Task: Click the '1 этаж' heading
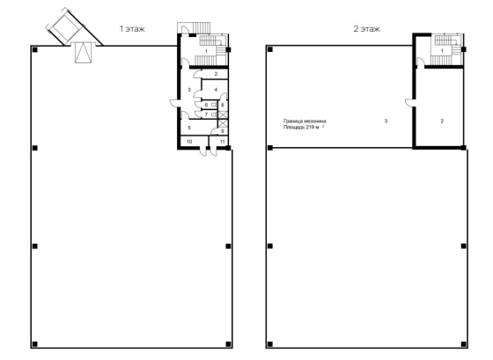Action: pyautogui.click(x=132, y=29)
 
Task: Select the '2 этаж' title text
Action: pyautogui.click(x=366, y=29)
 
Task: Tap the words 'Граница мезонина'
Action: pyautogui.click(x=305, y=121)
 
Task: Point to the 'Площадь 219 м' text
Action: pyautogui.click(x=301, y=128)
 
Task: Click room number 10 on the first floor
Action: pyautogui.click(x=189, y=142)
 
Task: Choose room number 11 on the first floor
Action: pyautogui.click(x=222, y=142)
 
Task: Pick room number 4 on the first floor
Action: pyautogui.click(x=216, y=90)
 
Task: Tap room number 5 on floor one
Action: pyautogui.click(x=189, y=128)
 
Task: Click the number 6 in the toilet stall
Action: pyautogui.click(x=206, y=105)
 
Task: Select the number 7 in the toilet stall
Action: pyautogui.click(x=206, y=114)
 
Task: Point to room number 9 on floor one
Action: pyautogui.click(x=222, y=131)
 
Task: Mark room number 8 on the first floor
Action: pyautogui.click(x=222, y=105)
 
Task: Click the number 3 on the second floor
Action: pyautogui.click(x=386, y=121)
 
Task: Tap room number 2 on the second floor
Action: pyautogui.click(x=442, y=121)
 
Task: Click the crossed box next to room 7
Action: pyautogui.click(x=223, y=114)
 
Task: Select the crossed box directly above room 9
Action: pyautogui.click(x=223, y=123)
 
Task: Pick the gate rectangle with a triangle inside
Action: pyautogui.click(x=84, y=53)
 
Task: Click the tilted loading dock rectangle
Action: pyautogui.click(x=65, y=26)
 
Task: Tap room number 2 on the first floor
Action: pyautogui.click(x=216, y=74)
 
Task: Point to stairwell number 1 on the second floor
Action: pyautogui.click(x=442, y=51)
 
